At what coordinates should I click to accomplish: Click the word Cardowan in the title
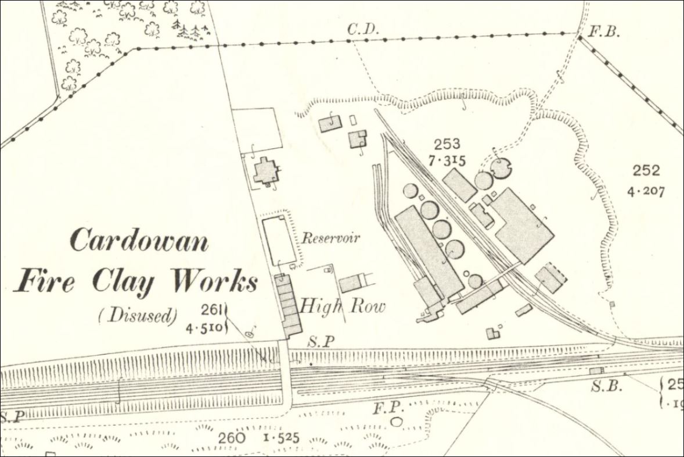click(139, 240)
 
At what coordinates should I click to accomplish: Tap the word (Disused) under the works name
click(137, 316)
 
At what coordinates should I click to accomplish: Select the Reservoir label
click(330, 238)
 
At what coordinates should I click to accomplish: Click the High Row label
click(342, 306)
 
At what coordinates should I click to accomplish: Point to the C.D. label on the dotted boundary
click(363, 29)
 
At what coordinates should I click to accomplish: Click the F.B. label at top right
click(604, 31)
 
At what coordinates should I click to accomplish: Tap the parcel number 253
click(447, 144)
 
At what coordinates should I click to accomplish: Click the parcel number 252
click(646, 170)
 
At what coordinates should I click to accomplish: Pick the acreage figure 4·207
click(646, 190)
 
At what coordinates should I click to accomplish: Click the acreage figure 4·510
click(204, 327)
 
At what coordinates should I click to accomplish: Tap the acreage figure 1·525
click(280, 437)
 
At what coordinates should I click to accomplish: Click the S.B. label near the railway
click(604, 385)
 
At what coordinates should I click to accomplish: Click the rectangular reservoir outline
click(279, 240)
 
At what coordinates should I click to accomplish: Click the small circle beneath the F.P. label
click(397, 421)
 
